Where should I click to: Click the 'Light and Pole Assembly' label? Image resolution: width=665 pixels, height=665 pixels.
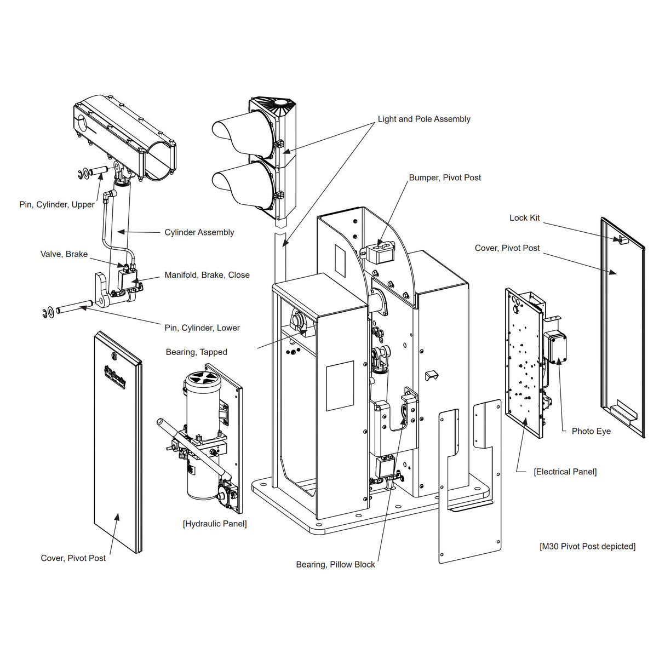click(423, 119)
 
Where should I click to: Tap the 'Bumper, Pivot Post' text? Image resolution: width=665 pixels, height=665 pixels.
click(445, 177)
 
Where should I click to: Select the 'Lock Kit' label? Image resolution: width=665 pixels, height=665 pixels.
click(524, 217)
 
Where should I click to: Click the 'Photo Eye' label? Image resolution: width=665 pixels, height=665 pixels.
click(591, 431)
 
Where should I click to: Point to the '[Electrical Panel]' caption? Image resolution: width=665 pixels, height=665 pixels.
click(565, 472)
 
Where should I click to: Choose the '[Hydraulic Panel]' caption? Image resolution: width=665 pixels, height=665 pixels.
click(215, 524)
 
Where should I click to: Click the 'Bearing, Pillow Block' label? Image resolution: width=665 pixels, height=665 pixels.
click(335, 564)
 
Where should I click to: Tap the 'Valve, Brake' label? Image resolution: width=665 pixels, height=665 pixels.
click(64, 254)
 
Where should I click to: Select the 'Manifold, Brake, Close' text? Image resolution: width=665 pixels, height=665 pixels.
click(207, 275)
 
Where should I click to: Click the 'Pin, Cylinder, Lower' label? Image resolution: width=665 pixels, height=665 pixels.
click(202, 328)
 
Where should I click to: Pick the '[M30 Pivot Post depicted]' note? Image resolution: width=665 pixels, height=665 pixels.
click(587, 546)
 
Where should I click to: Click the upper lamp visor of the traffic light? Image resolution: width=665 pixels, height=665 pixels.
click(233, 134)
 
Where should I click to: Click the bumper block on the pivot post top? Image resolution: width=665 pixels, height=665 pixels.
click(381, 252)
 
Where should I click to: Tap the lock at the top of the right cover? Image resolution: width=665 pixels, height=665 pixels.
click(622, 239)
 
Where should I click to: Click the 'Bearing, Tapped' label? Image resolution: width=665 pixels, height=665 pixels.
click(196, 352)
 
